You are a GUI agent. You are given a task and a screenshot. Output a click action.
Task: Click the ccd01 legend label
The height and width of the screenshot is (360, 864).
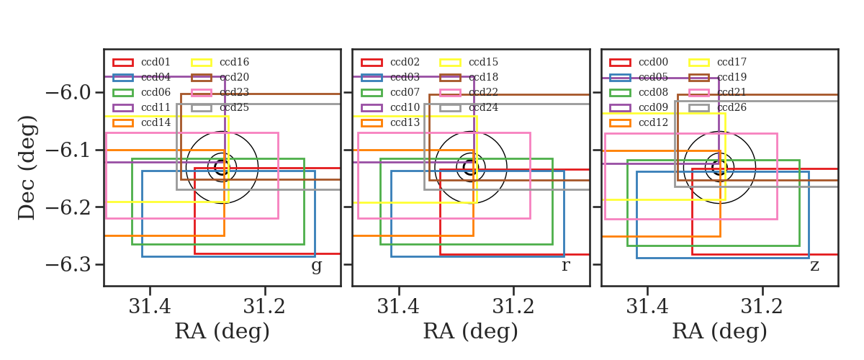pyautogui.click(x=156, y=62)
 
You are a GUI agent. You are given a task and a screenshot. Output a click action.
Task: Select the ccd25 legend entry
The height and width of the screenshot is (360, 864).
pyautogui.click(x=235, y=107)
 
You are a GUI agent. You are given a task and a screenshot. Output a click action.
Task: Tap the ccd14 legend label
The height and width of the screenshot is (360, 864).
pyautogui.click(x=156, y=122)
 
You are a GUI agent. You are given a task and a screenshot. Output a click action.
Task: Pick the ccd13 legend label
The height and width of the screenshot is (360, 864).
pyautogui.click(x=405, y=122)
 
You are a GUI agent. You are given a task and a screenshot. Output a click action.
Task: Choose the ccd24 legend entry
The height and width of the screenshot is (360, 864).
pyautogui.click(x=483, y=107)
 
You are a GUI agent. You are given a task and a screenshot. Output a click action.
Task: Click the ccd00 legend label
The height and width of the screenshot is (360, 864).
pyautogui.click(x=654, y=62)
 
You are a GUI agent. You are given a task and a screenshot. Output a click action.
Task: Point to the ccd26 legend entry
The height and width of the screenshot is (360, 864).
pyautogui.click(x=732, y=107)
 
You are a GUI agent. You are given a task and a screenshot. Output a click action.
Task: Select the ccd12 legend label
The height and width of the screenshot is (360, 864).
pyautogui.click(x=654, y=122)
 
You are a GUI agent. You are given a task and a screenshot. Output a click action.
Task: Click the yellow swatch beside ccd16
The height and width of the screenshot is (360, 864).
pyautogui.click(x=202, y=63)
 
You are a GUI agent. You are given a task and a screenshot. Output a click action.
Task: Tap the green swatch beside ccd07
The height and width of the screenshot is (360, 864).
pyautogui.click(x=372, y=93)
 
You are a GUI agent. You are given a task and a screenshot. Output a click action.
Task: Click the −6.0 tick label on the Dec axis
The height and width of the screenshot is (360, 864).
pyautogui.click(x=68, y=93)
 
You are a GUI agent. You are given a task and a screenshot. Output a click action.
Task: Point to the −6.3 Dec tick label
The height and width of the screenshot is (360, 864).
pyautogui.click(x=68, y=265)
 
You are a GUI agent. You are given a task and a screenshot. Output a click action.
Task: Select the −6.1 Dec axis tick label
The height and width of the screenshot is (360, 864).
pyautogui.click(x=68, y=150)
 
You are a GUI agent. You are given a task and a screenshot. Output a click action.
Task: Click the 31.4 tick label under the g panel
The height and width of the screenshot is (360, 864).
pyautogui.click(x=150, y=307)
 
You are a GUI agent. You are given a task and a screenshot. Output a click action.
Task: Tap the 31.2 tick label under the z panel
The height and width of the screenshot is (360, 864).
pyautogui.click(x=762, y=307)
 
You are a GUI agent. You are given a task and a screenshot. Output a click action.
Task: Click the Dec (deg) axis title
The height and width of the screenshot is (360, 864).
pyautogui.click(x=27, y=168)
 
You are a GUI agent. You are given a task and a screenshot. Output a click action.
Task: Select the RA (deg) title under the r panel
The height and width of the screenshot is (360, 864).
pyautogui.click(x=471, y=331)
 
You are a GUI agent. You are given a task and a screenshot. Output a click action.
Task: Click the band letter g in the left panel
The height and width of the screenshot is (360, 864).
pyautogui.click(x=316, y=266)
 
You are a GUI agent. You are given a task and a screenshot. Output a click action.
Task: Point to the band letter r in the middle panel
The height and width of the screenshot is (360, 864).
pyautogui.click(x=565, y=265)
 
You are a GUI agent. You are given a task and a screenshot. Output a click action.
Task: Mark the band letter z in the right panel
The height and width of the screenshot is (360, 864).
pyautogui.click(x=814, y=266)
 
